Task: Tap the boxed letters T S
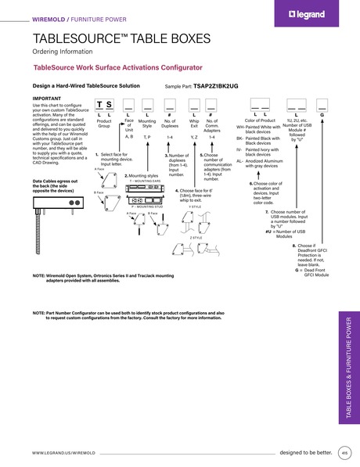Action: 103,104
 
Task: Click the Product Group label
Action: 103,124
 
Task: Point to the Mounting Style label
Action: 147,124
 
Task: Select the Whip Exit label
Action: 193,124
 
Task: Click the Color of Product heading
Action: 261,120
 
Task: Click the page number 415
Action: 344,452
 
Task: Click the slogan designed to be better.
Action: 305,452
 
